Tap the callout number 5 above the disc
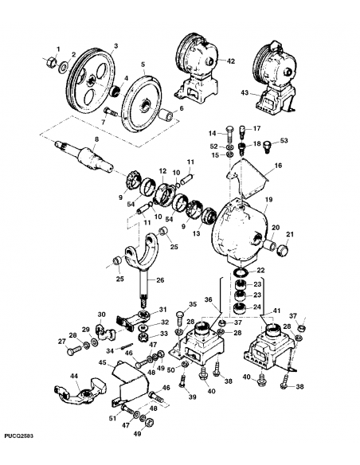coord(143,64)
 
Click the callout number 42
coord(230,61)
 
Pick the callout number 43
coord(245,93)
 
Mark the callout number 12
coord(162,171)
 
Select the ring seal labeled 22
coord(241,272)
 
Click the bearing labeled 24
coord(240,309)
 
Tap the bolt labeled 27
coord(75,350)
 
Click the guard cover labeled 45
coord(130,383)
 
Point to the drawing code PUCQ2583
coord(18,436)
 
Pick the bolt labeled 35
coord(180,318)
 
